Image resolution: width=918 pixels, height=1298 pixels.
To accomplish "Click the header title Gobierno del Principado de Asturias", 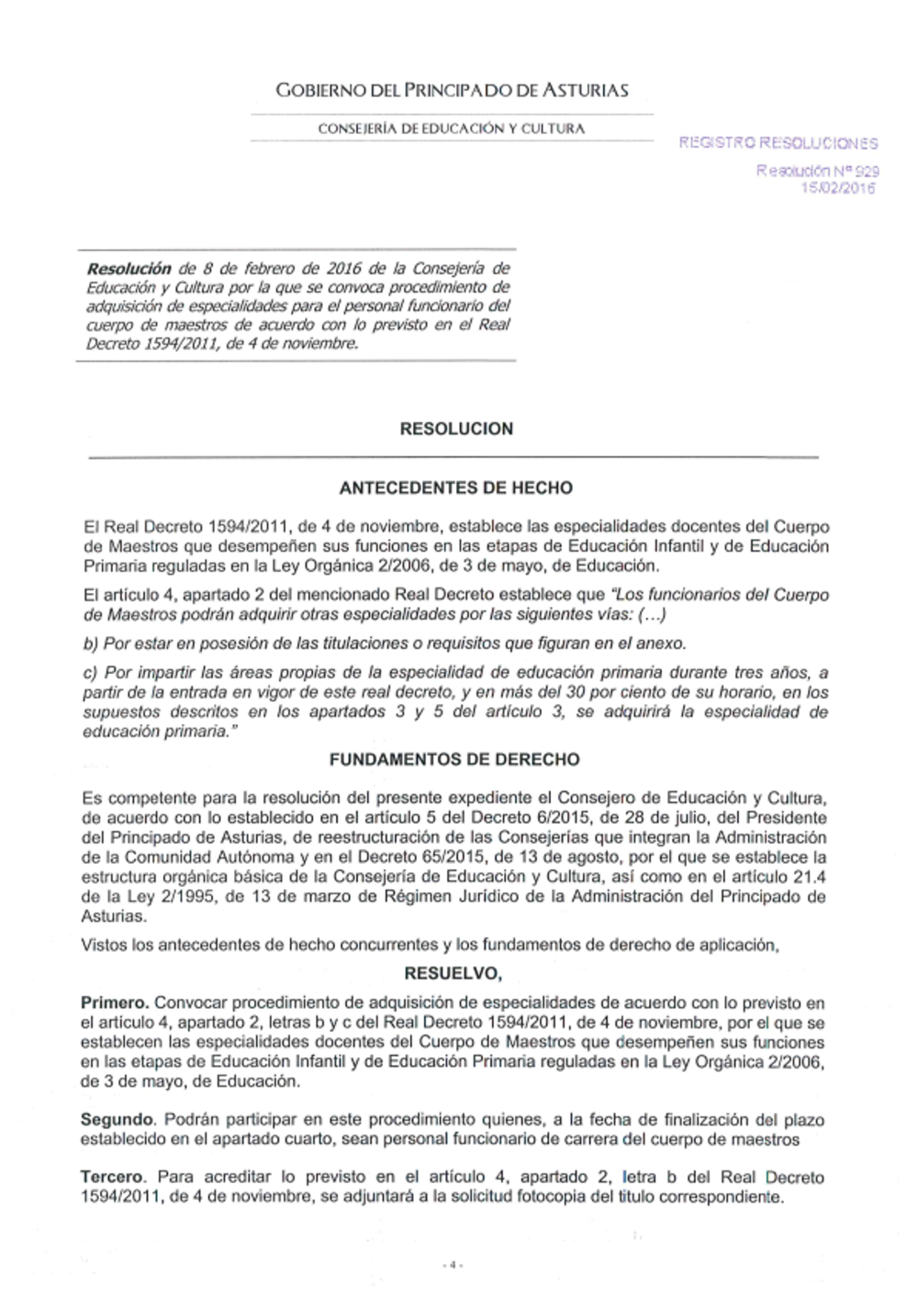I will click(452, 90).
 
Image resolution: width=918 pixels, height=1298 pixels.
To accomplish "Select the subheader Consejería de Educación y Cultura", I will click(452, 129).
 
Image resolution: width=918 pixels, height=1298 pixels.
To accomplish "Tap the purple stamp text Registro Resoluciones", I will click(778, 143).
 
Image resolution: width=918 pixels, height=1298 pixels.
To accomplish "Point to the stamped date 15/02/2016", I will click(838, 188).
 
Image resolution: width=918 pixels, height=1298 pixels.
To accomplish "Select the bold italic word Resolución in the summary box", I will click(129, 269).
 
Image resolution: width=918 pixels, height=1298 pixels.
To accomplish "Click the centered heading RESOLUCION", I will click(456, 429).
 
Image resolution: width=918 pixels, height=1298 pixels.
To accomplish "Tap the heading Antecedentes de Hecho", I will click(455, 488).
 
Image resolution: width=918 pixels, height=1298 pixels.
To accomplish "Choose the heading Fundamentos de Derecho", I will click(454, 760).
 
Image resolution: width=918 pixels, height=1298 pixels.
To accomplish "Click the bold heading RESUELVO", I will click(453, 974).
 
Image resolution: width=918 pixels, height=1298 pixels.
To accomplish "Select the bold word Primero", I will click(115, 1003).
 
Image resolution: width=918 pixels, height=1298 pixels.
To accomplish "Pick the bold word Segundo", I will click(117, 1120).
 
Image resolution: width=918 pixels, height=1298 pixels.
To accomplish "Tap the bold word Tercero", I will click(112, 1177).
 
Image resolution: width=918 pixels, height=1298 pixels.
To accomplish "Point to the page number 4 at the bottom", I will click(452, 1264).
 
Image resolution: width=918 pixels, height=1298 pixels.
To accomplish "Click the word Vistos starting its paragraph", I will click(104, 946).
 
